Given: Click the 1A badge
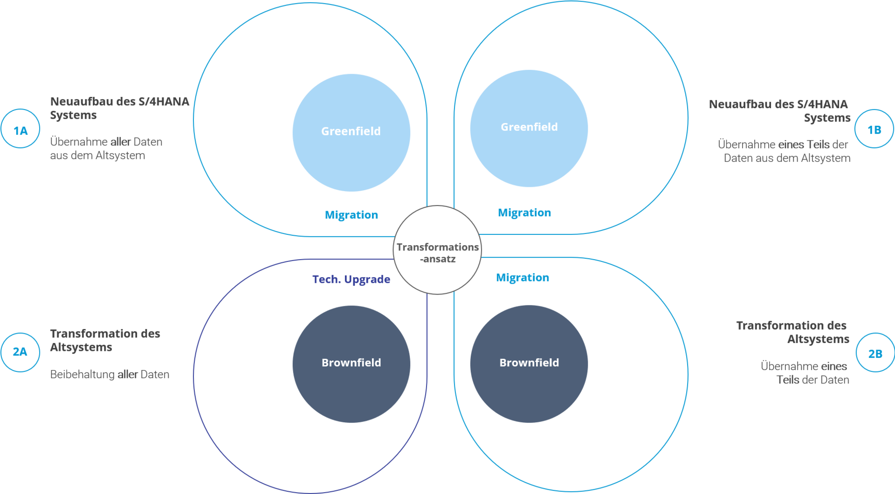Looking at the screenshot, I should click(21, 129).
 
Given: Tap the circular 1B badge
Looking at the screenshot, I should click(874, 129).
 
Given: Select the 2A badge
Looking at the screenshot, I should click(20, 352).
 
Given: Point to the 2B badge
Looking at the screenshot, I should click(875, 353).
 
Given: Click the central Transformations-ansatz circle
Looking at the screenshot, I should click(437, 251).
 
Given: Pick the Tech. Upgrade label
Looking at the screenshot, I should click(351, 279).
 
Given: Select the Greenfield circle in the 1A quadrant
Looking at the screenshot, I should click(351, 132).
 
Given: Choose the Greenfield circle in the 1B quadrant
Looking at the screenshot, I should click(529, 128).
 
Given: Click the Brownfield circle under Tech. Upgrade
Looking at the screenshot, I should click(351, 364).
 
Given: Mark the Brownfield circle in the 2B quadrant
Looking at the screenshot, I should click(529, 364).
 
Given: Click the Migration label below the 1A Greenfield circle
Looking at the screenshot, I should click(351, 215).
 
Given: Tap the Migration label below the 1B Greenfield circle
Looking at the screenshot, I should click(524, 213).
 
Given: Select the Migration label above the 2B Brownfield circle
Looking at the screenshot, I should click(523, 278).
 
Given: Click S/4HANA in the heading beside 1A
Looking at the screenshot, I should click(164, 101).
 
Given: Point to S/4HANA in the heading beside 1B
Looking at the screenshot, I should click(822, 104).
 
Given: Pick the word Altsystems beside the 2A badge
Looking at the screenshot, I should click(81, 347).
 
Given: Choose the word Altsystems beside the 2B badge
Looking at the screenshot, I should click(818, 339).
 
